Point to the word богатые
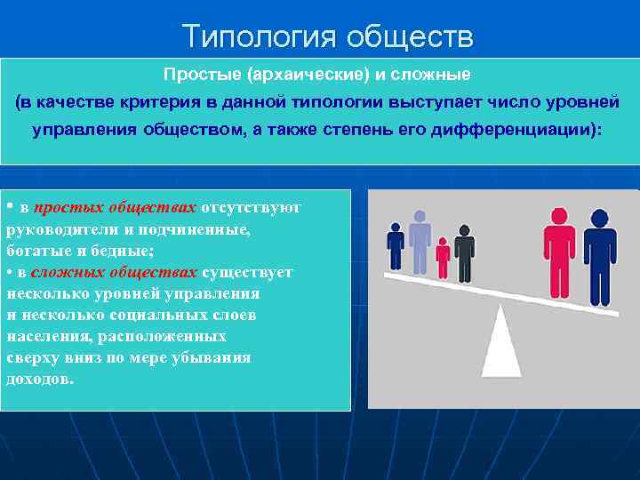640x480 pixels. pyautogui.click(x=36, y=251)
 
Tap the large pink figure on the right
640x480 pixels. pyautogui.click(x=560, y=253)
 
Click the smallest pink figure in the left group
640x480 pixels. pyautogui.click(x=442, y=258)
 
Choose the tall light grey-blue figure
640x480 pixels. pyautogui.click(x=419, y=238)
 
